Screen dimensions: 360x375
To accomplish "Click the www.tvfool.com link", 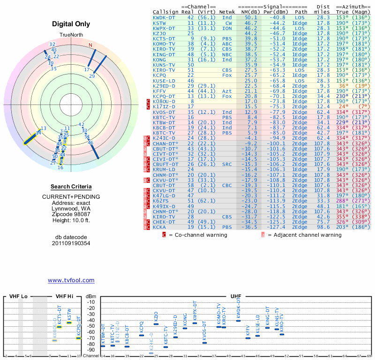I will point(71,280).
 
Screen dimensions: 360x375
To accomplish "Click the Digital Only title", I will point(71,24).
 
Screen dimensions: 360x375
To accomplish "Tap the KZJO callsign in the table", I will point(160,33).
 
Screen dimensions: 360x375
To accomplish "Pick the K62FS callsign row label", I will point(160,200).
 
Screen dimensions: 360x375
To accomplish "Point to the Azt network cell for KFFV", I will point(227,91).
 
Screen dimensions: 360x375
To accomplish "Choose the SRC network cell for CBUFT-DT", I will point(227,164).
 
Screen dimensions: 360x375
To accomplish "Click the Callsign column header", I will point(166,11).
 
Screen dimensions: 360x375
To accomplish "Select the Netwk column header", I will point(228,11).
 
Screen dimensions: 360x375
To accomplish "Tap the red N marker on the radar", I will point(90,45).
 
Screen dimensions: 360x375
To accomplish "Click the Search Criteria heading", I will point(71,187).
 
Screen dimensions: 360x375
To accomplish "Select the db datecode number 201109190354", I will point(71,243).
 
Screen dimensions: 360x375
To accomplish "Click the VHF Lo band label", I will point(18,297).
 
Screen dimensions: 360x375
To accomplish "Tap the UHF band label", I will point(236,297).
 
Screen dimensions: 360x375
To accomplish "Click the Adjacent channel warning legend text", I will point(304,235).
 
